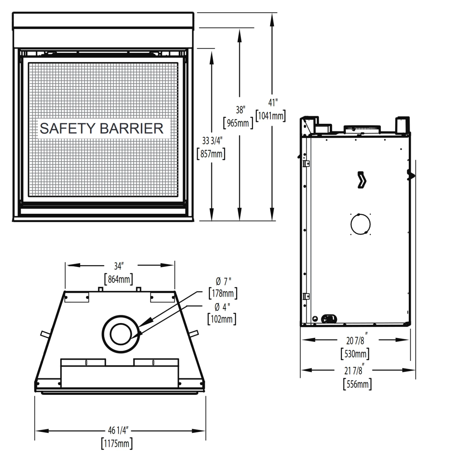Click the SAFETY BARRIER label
(x=101, y=129)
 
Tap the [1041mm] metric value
(x=271, y=116)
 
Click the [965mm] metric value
(x=238, y=123)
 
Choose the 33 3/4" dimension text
(x=212, y=141)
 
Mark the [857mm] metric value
(x=211, y=154)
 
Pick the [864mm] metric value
(x=118, y=279)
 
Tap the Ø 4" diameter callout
(x=222, y=307)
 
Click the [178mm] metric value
(x=223, y=294)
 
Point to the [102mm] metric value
(x=222, y=319)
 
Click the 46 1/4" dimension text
(x=117, y=430)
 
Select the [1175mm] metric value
(x=117, y=443)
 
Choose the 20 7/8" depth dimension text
(x=356, y=340)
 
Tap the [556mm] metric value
(x=357, y=384)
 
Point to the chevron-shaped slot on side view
(x=362, y=180)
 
